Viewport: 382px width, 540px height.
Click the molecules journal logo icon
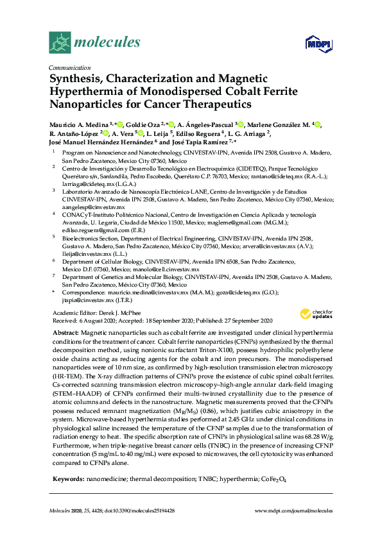tap(60, 43)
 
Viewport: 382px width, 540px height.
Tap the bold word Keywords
tap(67, 479)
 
